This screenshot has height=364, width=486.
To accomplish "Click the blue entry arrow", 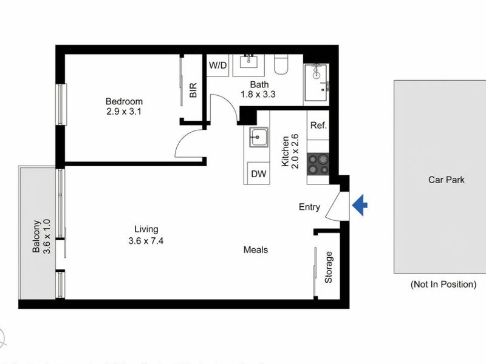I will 360,206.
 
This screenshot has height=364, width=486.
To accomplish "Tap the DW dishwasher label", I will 259,174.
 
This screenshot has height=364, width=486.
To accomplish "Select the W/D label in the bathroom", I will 217,65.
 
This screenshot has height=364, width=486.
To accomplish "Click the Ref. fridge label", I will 319,126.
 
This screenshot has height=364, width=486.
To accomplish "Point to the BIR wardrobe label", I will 193,90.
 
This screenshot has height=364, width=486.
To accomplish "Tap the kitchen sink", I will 259,137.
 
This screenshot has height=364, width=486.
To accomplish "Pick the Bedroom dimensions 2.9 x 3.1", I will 124,112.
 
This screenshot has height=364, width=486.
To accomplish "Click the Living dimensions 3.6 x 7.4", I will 146,240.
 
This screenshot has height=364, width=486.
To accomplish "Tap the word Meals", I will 256,249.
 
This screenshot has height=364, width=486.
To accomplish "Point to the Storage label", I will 329,268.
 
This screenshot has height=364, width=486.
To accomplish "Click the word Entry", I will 309,207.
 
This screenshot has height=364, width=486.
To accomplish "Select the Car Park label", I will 446,180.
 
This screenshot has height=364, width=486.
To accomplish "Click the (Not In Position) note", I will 443,284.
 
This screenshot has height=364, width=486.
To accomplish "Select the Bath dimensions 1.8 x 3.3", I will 259,94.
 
